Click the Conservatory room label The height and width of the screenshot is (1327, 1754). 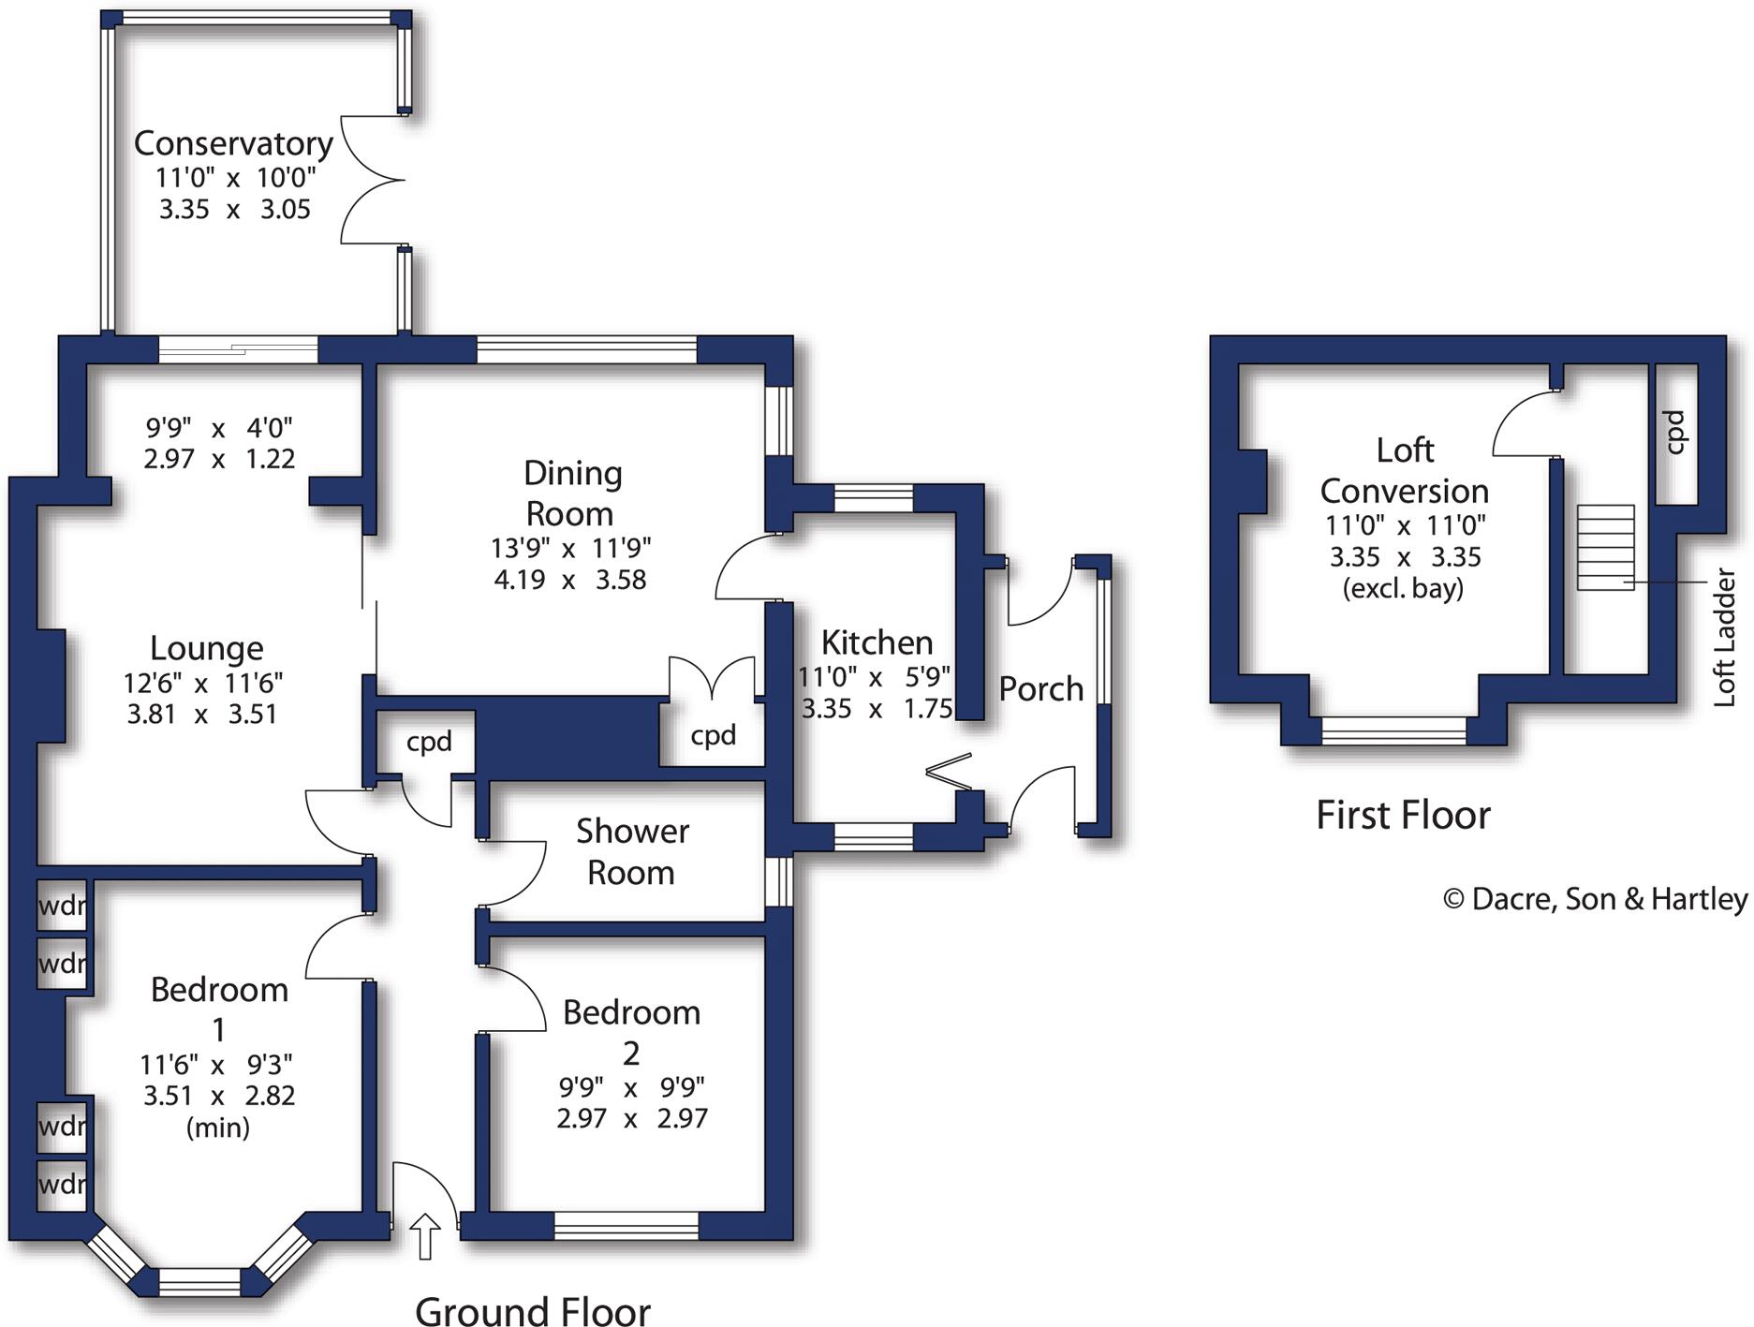[x=233, y=143]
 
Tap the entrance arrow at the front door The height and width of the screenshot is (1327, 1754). [x=425, y=1235]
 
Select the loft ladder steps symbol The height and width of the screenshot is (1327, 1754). [x=1605, y=548]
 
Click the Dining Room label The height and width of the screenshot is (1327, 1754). [x=571, y=493]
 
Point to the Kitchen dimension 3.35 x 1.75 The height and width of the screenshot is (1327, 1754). [x=876, y=709]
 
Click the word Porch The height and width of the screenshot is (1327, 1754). [x=1040, y=689]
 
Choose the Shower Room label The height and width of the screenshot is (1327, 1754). [x=632, y=851]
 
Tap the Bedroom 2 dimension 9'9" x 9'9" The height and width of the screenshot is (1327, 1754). [x=631, y=1087]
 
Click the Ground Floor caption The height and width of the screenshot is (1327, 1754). [x=532, y=1311]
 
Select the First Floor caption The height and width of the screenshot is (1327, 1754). [x=1402, y=815]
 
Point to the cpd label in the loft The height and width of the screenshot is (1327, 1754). [x=1675, y=432]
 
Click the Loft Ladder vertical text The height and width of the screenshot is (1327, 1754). [x=1724, y=637]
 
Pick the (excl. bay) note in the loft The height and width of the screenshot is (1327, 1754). [x=1402, y=589]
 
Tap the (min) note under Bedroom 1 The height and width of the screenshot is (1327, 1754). [x=218, y=1127]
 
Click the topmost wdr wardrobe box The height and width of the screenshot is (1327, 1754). [x=62, y=906]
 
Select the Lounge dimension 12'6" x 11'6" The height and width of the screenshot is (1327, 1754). [x=203, y=683]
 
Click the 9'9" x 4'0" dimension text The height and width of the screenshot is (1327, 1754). [x=218, y=428]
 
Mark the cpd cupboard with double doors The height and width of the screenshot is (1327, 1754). [x=713, y=735]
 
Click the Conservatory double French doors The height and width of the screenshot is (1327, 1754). [x=372, y=181]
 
